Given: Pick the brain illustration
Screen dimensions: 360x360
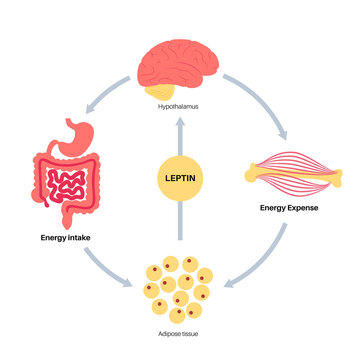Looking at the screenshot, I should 179,63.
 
